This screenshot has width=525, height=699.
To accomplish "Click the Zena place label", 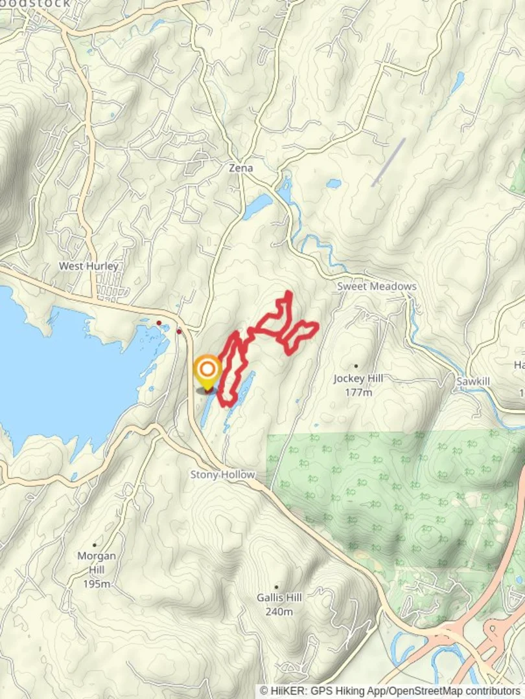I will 240,168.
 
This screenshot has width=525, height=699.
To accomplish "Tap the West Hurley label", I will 89,266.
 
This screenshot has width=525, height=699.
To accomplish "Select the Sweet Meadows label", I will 377,286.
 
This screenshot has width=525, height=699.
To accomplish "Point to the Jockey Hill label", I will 358,379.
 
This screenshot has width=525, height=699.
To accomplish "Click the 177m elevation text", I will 358,392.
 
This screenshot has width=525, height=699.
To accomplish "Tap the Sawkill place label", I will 472,381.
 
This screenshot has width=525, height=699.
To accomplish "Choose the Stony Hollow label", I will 222,474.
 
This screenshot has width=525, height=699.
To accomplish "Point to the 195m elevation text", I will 97,584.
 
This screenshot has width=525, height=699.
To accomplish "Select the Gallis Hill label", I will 279,597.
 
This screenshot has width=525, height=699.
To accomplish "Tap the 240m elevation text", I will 279,612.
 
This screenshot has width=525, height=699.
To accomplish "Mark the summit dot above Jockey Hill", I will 356,366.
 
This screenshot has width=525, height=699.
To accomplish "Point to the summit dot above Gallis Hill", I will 277,586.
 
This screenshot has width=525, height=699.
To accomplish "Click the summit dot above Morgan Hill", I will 95,545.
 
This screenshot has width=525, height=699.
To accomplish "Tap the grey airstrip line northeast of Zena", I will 389,162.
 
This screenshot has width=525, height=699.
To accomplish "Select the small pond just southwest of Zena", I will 257,206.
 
